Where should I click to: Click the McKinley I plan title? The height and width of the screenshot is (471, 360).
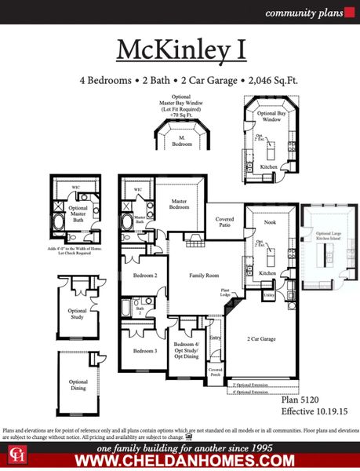tap(180, 49)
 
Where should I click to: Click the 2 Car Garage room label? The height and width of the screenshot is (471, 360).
tap(263, 338)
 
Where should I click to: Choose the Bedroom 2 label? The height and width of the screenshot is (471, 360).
tap(145, 276)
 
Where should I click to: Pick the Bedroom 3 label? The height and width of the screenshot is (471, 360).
tap(145, 350)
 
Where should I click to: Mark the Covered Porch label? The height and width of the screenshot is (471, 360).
tap(215, 372)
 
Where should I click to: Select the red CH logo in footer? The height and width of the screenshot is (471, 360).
tap(16, 455)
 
